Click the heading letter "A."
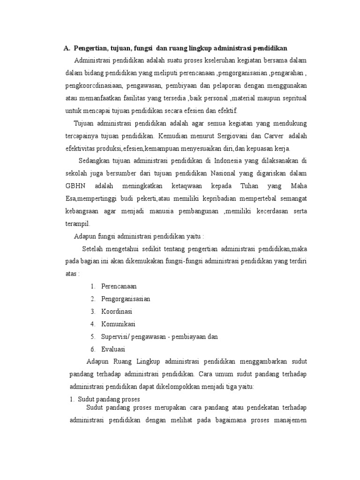click(67, 48)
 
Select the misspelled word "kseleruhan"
click(215, 61)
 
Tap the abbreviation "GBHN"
click(76, 186)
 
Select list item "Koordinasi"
click(117, 311)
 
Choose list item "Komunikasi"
click(118, 324)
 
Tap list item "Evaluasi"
click(113, 349)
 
